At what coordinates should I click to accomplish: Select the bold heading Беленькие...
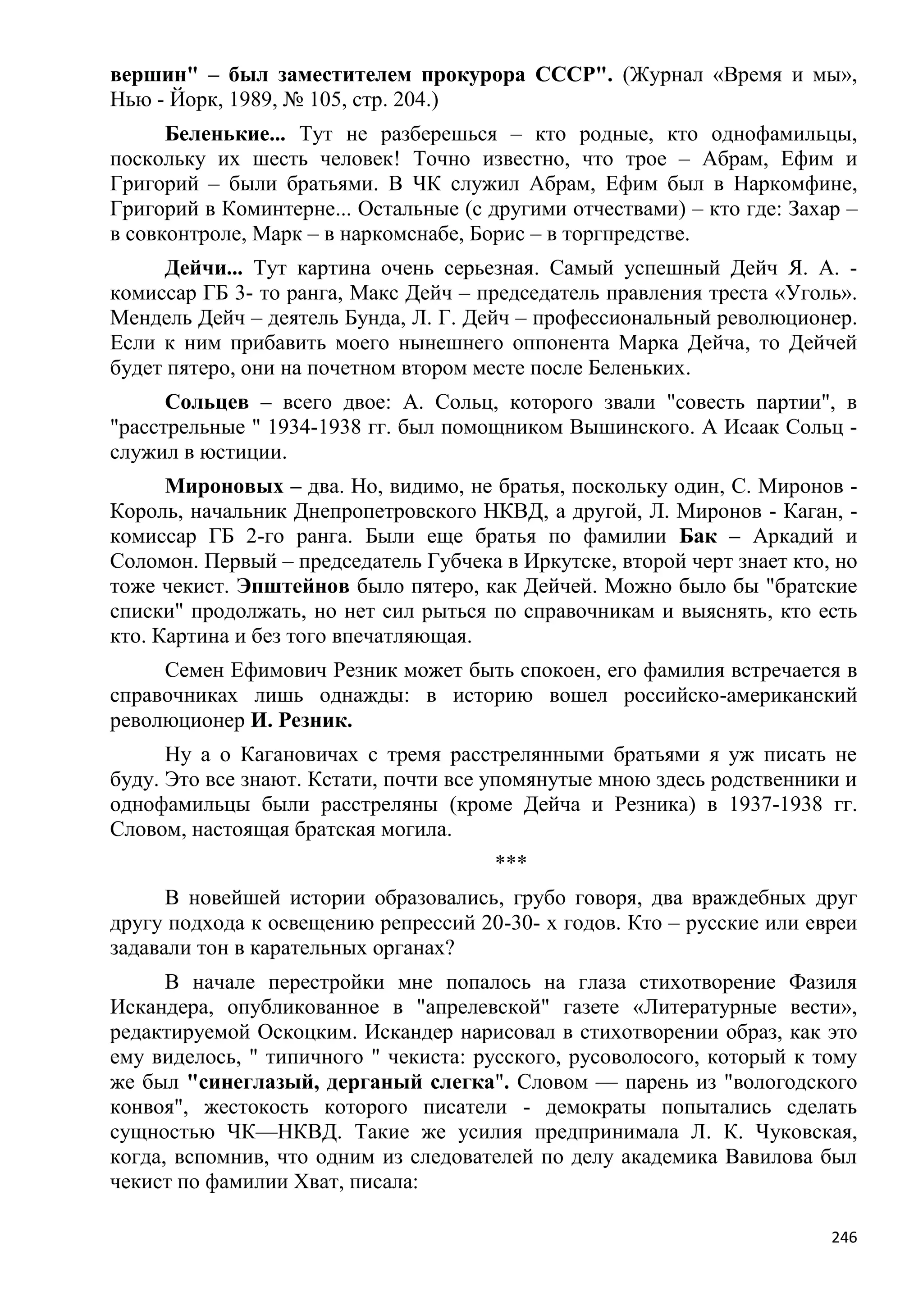pos(225,135)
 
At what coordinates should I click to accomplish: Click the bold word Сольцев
pos(207,402)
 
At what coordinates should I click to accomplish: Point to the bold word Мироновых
pos(224,487)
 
